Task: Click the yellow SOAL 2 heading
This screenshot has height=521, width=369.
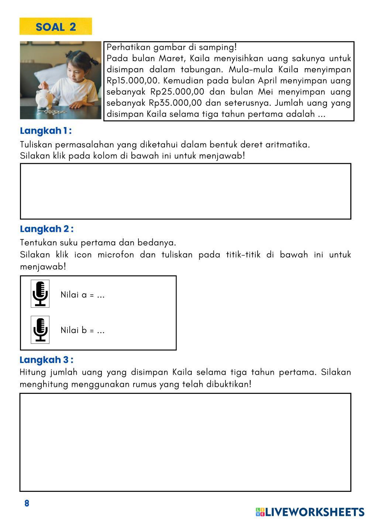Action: coord(56,27)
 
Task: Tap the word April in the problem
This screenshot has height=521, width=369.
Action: coord(268,81)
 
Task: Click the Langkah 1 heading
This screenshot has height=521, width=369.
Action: coord(46,131)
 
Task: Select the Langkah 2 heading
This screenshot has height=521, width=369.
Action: coord(46,229)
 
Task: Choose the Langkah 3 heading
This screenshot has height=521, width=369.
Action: coord(46,360)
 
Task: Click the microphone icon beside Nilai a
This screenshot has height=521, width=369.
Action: coord(40,294)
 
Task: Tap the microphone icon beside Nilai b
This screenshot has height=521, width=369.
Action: coord(40,329)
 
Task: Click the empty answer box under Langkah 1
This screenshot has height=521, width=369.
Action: coord(185,191)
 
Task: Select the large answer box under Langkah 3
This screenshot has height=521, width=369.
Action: coord(185,442)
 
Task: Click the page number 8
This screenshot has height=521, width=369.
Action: coord(27,503)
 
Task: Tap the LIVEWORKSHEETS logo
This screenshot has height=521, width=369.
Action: coord(310,512)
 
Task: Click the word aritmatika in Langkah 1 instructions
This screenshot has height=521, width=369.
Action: coord(287,144)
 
